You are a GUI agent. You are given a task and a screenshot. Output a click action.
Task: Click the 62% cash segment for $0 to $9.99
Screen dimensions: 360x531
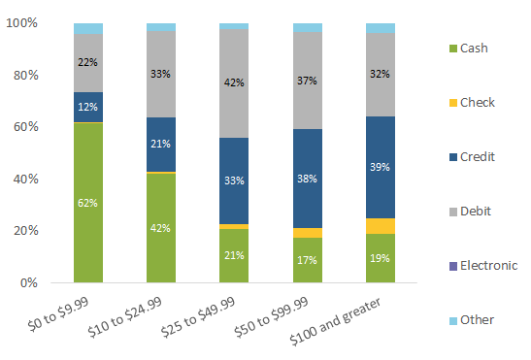tap(88, 202)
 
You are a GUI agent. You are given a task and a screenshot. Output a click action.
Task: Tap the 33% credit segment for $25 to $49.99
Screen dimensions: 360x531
tap(234, 180)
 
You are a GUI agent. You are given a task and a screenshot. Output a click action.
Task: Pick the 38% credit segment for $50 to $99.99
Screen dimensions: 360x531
tap(308, 179)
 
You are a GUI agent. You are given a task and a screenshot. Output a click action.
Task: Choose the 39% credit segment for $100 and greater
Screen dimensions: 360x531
tap(381, 167)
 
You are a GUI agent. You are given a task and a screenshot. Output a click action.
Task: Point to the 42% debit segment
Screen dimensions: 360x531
tap(234, 83)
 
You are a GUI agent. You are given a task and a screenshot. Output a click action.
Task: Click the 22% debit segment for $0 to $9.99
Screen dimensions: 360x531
tap(88, 63)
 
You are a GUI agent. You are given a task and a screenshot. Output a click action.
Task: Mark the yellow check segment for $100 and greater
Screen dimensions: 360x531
tap(381, 226)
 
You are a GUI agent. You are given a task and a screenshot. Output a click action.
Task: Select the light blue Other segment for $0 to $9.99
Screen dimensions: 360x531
tap(88, 28)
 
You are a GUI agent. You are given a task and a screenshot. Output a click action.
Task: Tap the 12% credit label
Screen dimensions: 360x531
tap(88, 107)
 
